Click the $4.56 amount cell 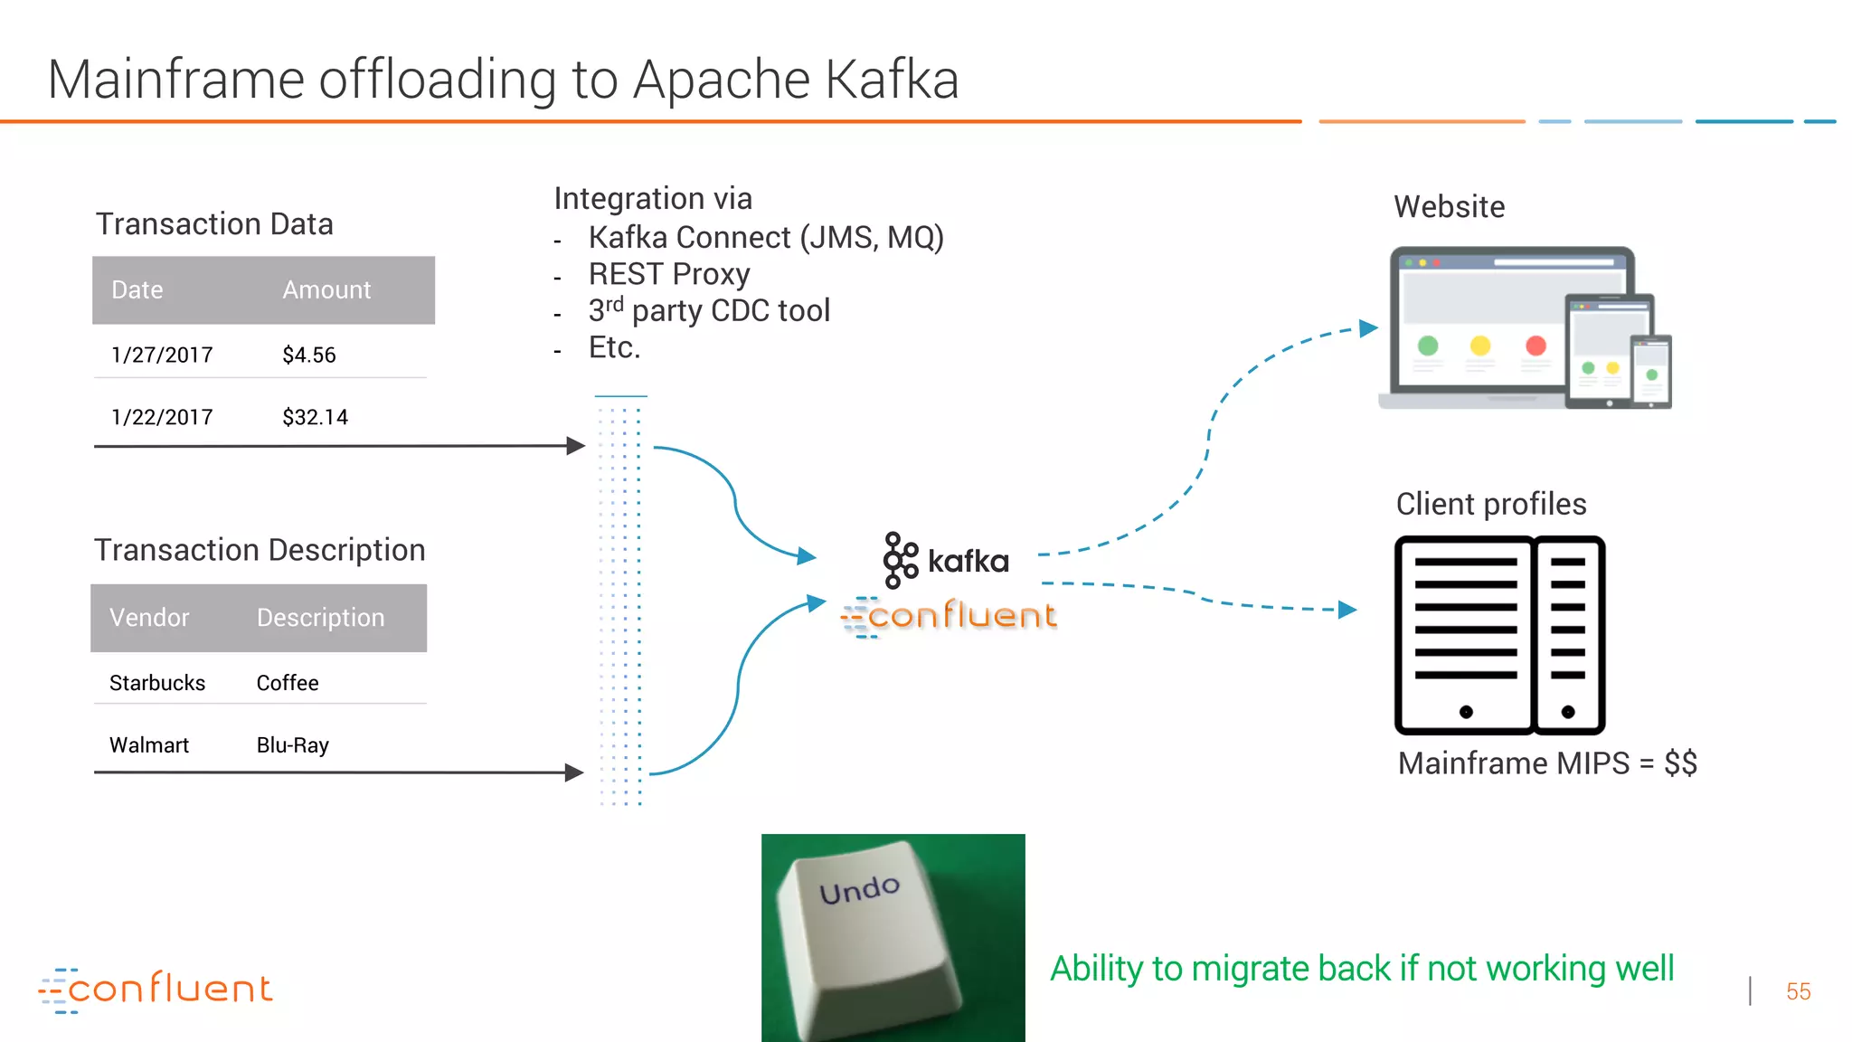[308, 355]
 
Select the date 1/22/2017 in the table [162, 418]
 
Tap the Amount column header [326, 290]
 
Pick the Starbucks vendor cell [157, 684]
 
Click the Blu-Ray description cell [292, 745]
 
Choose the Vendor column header [149, 618]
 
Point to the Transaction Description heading [260, 551]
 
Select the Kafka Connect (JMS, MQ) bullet [765, 238]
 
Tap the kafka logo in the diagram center [947, 560]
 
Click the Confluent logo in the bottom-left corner [156, 990]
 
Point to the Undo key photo [893, 937]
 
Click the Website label [1449, 207]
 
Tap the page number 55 [1798, 992]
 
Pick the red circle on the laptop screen [1535, 346]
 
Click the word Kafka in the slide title [892, 80]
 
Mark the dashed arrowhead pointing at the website [1368, 328]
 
